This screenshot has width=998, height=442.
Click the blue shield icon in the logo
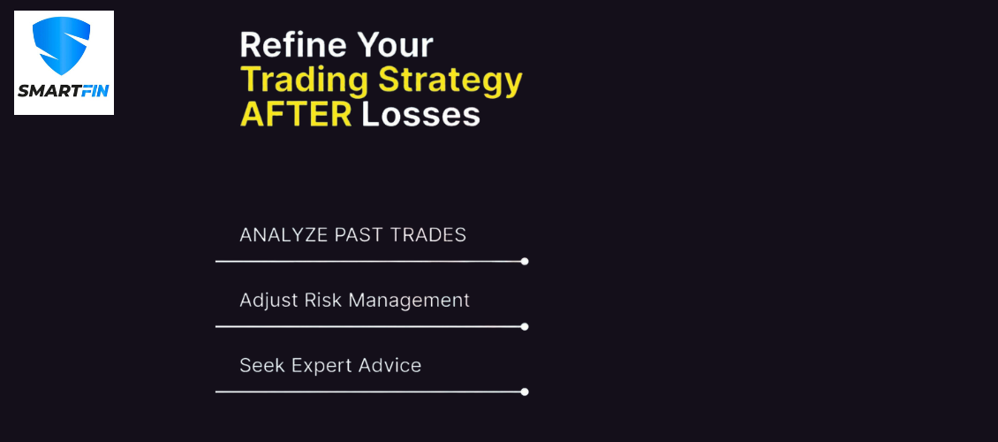[x=61, y=45]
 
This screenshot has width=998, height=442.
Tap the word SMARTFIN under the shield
[x=64, y=90]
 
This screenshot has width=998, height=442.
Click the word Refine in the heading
[x=293, y=45]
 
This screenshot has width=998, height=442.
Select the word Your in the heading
[x=395, y=45]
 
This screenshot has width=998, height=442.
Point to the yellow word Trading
[x=305, y=81]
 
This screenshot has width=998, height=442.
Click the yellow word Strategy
[x=450, y=81]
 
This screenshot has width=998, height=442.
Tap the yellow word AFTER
[x=296, y=115]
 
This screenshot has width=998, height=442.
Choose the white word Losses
[x=420, y=115]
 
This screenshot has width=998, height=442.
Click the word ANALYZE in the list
[x=284, y=235]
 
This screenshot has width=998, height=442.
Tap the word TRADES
[x=428, y=235]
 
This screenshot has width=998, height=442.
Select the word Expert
[x=322, y=366]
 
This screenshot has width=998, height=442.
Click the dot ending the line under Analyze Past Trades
[x=525, y=261]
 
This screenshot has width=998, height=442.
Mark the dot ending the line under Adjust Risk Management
[x=525, y=327]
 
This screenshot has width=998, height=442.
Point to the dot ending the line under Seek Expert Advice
[x=525, y=392]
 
